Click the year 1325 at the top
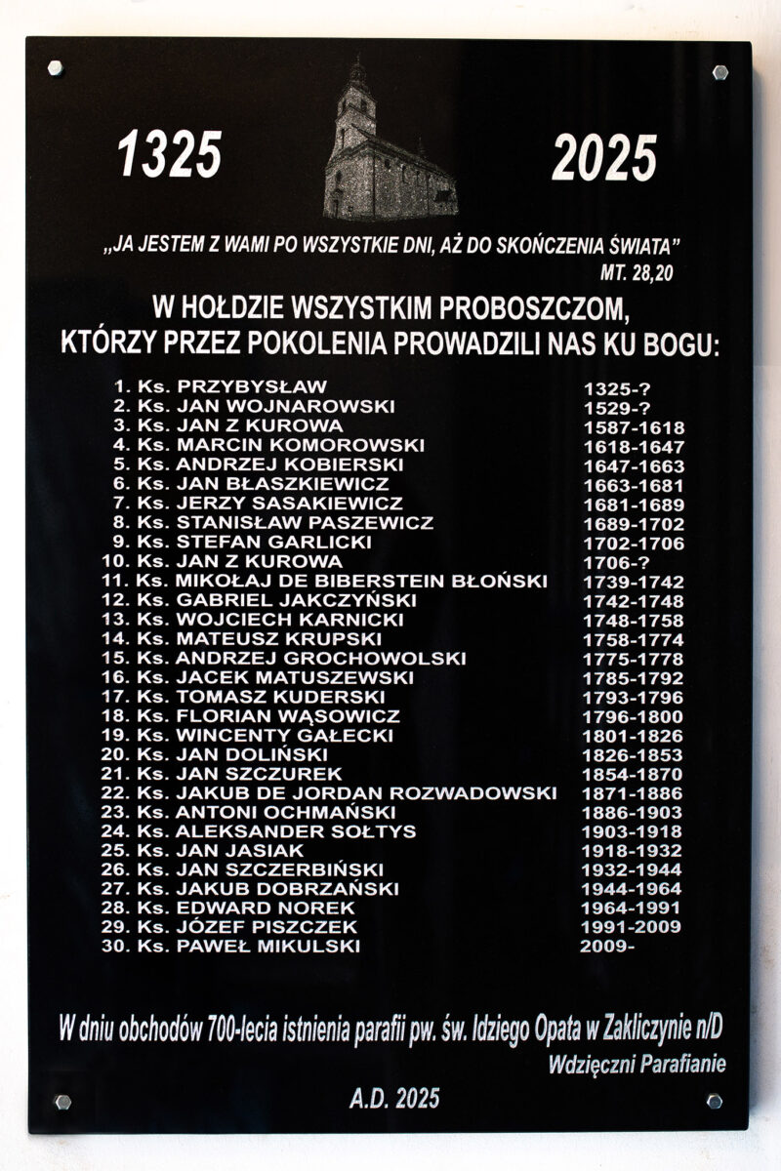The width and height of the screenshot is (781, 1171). tap(170, 155)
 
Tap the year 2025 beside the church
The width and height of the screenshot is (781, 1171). tap(604, 157)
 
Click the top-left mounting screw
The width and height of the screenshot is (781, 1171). tap(55, 68)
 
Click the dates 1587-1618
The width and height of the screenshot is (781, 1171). tap(634, 427)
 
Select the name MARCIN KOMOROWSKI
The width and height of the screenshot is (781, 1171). tap(301, 446)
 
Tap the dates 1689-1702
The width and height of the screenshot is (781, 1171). tap(634, 524)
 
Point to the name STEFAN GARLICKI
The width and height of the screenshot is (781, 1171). tap(274, 543)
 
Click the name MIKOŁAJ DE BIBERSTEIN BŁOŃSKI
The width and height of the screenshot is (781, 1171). tap(362, 582)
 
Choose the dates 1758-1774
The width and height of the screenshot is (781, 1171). tap(634, 640)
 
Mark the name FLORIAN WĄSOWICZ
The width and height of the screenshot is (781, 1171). tap(288, 716)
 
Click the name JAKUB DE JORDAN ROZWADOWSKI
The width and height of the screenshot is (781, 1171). tap(366, 793)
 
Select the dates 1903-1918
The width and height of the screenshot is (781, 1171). tap(634, 832)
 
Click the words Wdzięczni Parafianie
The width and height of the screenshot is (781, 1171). tap(637, 1065)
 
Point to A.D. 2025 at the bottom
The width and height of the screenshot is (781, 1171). tap(394, 1100)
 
